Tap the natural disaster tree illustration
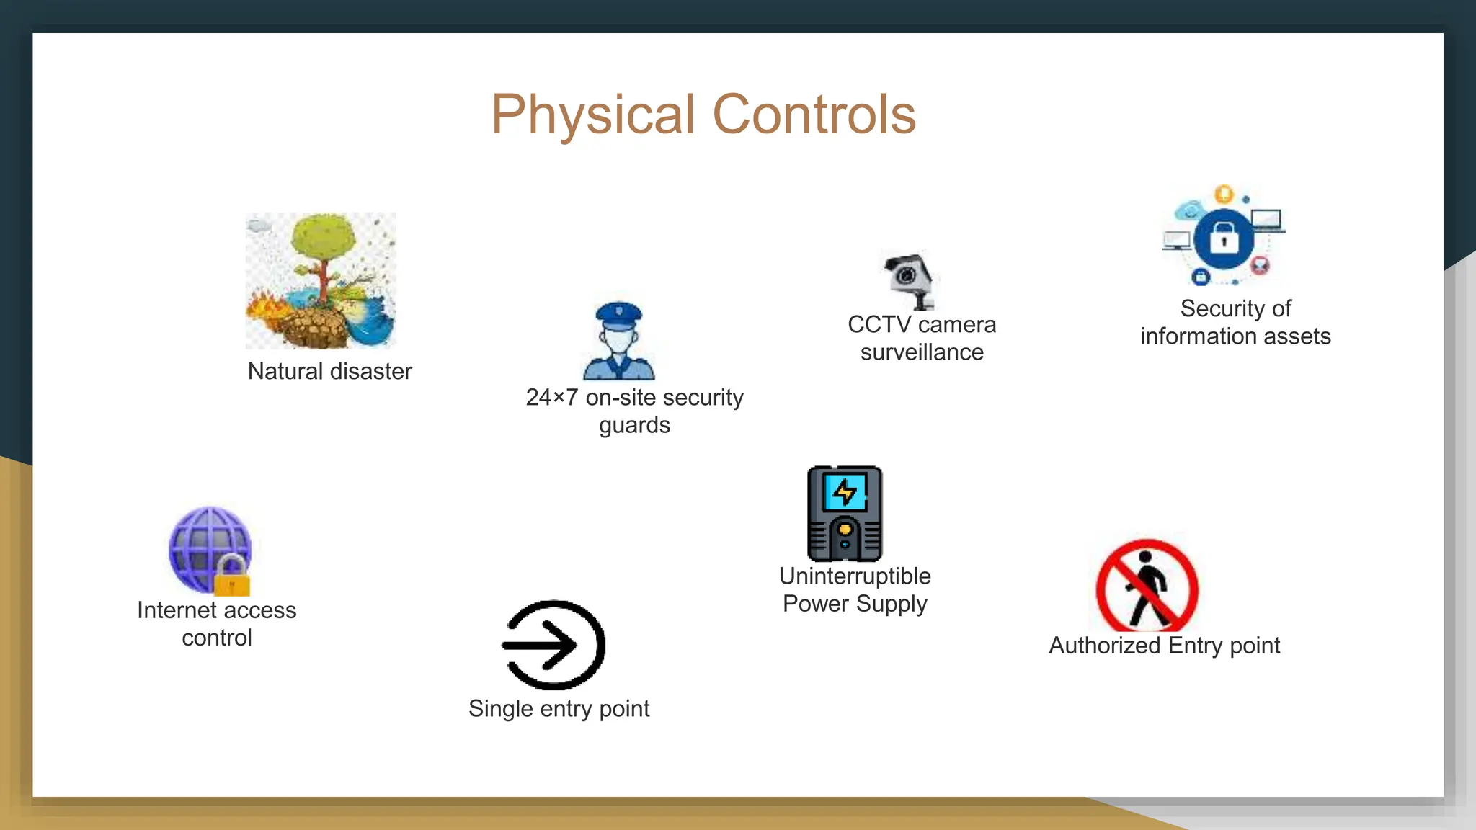coord(321,280)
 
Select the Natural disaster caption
coord(329,372)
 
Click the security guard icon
coord(618,342)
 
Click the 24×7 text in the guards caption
coord(551,398)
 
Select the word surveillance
coord(922,352)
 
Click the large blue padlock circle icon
coord(1224,238)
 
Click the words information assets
coord(1235,336)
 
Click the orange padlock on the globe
coord(232,577)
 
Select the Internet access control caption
coord(216,624)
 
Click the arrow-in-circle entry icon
coord(553,645)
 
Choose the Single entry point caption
coord(559,709)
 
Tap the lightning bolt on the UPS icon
coord(845,493)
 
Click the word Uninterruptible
coord(855,576)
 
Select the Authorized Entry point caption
coord(1164,646)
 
